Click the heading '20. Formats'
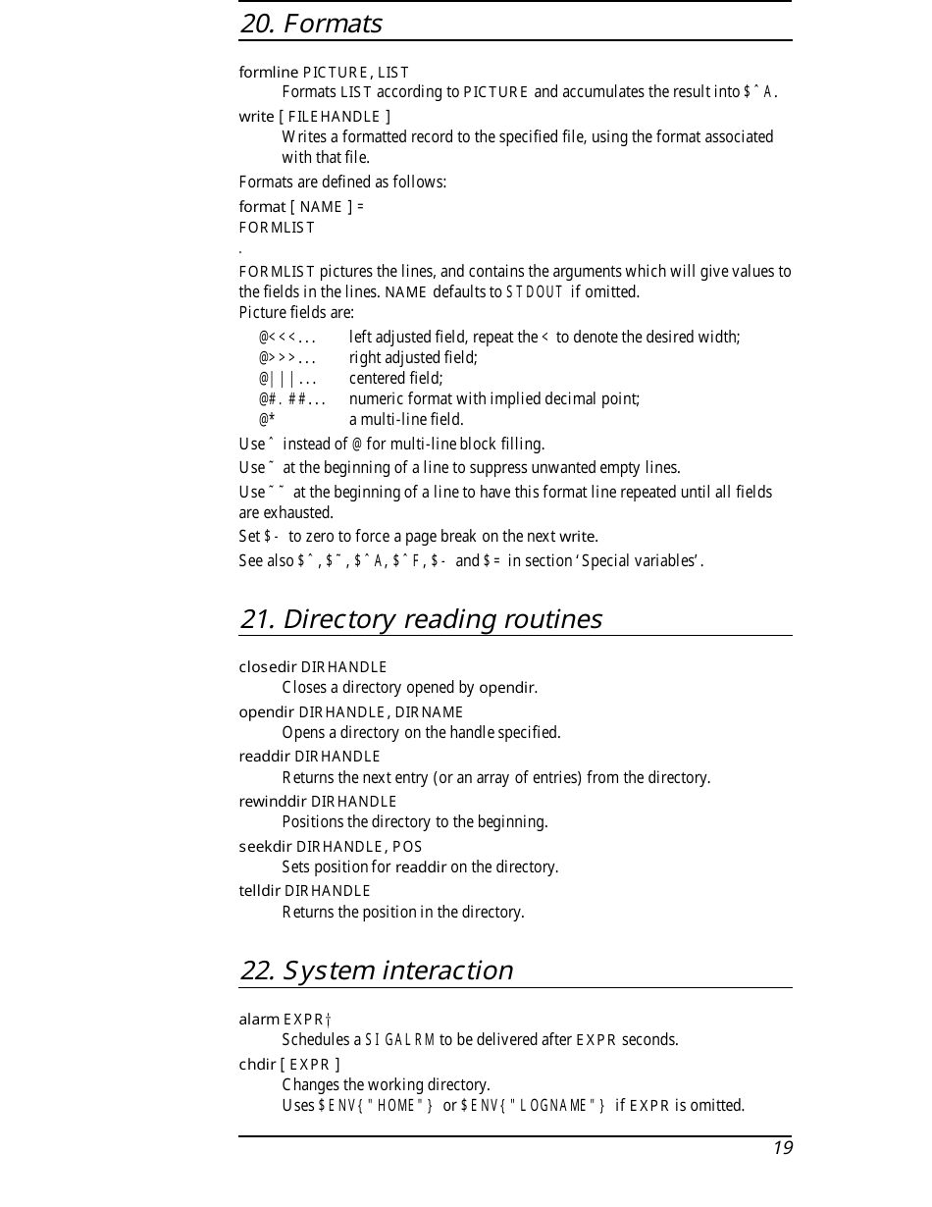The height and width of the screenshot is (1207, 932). click(311, 24)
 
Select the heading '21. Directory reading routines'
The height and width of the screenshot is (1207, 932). click(420, 619)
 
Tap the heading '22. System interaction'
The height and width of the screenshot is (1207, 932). click(376, 971)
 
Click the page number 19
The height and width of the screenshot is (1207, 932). click(782, 1148)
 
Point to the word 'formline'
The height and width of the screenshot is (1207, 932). click(269, 72)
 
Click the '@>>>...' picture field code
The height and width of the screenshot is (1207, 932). click(287, 358)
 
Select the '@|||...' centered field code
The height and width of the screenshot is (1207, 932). click(287, 379)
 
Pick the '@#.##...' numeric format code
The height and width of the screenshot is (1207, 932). click(292, 399)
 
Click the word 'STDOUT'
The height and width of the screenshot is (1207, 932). click(535, 292)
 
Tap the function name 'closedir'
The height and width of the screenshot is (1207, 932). click(268, 667)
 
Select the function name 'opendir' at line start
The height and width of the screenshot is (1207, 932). click(267, 711)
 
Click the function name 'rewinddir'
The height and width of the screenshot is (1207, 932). click(273, 801)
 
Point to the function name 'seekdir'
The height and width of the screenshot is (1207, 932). click(266, 846)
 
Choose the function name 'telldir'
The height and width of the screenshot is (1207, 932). click(260, 891)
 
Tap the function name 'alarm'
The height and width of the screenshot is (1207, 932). click(259, 1020)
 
